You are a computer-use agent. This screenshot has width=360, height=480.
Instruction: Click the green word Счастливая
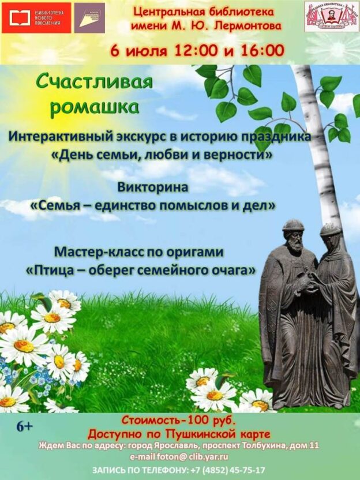[95, 82]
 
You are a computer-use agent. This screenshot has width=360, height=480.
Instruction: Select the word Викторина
[152, 187]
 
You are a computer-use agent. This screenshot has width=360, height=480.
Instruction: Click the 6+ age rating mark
[25, 427]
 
